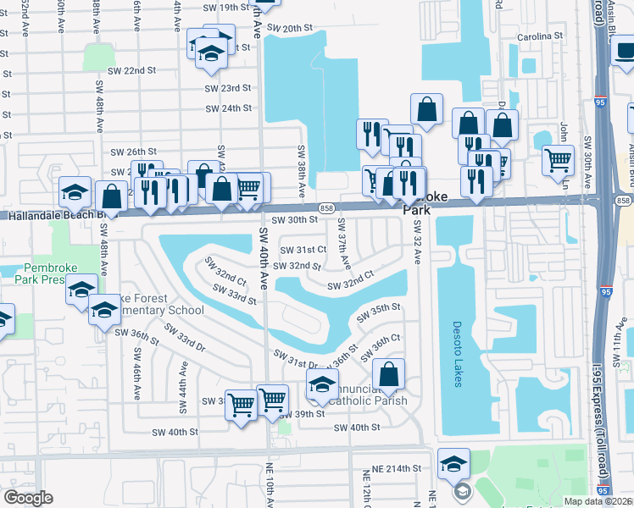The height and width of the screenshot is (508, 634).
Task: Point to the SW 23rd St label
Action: (227, 87)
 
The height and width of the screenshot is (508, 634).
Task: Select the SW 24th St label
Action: (229, 108)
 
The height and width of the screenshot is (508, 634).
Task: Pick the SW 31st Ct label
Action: (303, 250)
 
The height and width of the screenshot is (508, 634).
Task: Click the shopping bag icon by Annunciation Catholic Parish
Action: (388, 373)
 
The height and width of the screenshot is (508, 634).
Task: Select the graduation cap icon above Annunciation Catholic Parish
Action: (322, 384)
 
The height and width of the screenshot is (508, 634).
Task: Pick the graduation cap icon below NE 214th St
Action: (454, 462)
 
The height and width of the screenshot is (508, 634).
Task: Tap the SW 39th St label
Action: (302, 414)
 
